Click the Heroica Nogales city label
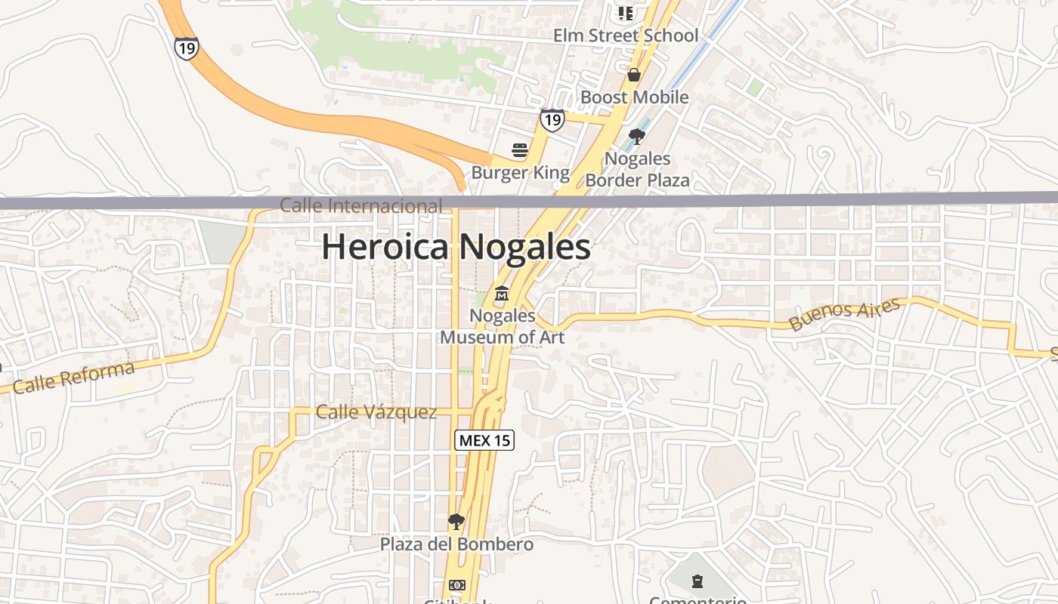tap(456, 247)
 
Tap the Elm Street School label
tap(626, 35)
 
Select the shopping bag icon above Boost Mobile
tap(634, 75)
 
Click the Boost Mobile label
tap(634, 97)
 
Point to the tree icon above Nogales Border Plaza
tap(636, 137)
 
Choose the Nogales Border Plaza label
tap(637, 169)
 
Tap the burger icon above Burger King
tap(519, 150)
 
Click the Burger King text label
tap(520, 173)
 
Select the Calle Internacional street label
tap(360, 205)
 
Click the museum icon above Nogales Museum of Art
tap(502, 293)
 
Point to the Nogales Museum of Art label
tap(502, 326)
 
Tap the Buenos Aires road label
tap(844, 314)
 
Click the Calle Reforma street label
tap(73, 377)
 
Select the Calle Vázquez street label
tap(376, 412)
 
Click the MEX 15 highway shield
tap(484, 440)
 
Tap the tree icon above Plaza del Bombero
tap(456, 521)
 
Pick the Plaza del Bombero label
tap(456, 544)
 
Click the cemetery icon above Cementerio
tap(697, 581)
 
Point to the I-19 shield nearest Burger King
tap(552, 119)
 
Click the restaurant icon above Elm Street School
tap(625, 13)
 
